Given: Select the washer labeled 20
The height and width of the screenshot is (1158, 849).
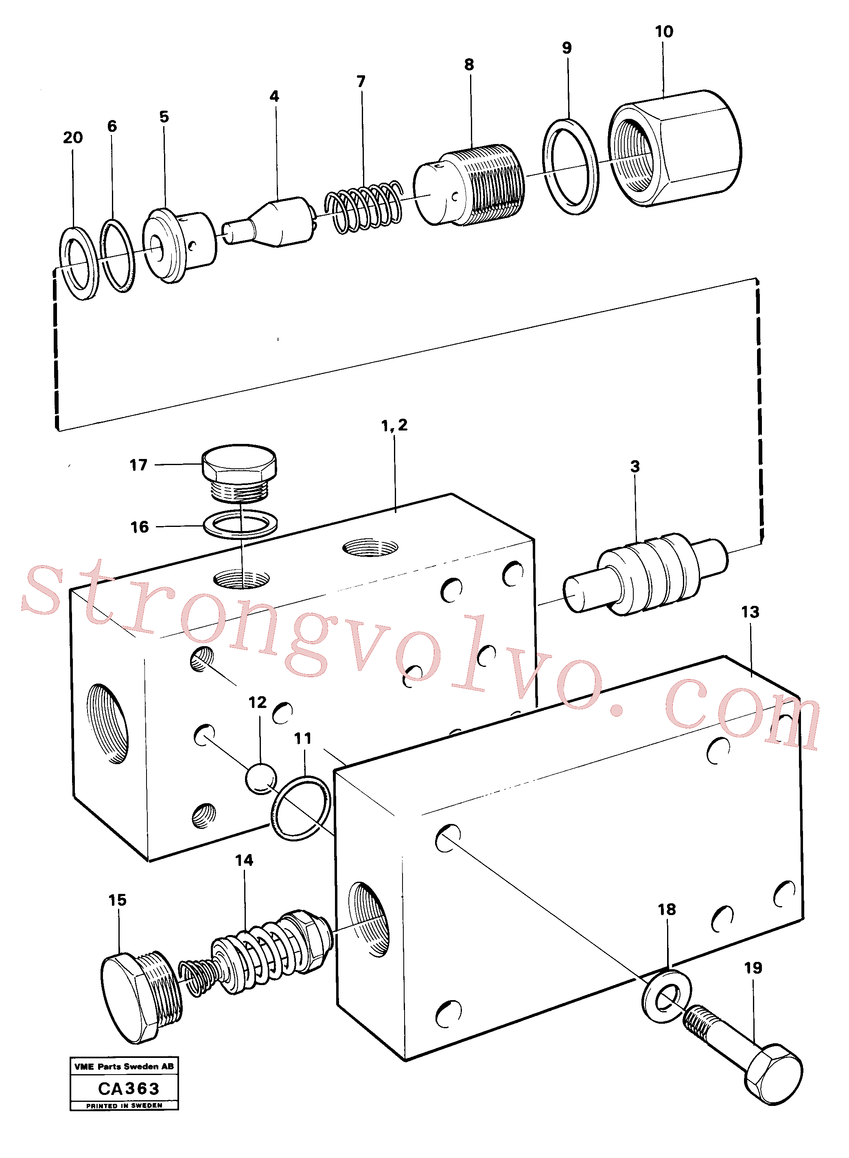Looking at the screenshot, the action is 79,262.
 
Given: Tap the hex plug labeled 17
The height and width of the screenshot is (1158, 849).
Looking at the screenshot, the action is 239,472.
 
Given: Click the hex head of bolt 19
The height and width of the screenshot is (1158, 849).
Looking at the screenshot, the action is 773,1074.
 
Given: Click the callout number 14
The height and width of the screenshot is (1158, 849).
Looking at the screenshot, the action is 244,860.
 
